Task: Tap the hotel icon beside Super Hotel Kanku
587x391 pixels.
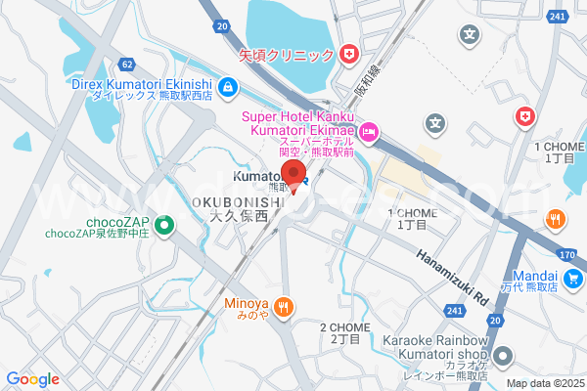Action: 369,131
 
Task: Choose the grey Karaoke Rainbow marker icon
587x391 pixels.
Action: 503,355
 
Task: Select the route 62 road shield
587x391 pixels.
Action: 128,65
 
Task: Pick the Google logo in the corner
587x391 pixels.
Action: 32,378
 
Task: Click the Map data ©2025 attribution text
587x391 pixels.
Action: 543,383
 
